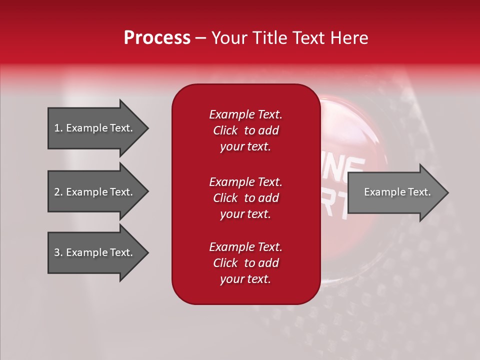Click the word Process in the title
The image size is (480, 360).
[x=157, y=38]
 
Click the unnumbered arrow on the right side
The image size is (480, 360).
[x=397, y=192]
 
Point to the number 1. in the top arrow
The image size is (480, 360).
[x=58, y=128]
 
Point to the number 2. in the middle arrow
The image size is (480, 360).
[x=58, y=192]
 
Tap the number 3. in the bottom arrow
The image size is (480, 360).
[x=58, y=252]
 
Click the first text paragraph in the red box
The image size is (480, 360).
[x=245, y=130]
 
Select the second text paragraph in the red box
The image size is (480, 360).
[x=245, y=198]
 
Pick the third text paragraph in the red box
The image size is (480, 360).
[x=245, y=263]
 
